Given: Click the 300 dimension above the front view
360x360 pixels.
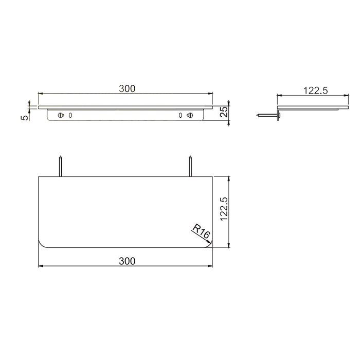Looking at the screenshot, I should point(127,88).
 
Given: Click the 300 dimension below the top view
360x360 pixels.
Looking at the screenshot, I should point(127,261).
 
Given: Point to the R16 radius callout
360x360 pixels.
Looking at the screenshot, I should point(201,232).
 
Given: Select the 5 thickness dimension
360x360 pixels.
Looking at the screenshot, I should point(24,117).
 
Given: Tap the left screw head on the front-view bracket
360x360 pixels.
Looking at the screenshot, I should point(61,115).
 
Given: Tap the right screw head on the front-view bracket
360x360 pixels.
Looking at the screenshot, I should point(190,115).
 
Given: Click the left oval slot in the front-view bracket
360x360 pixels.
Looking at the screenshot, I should point(70,115).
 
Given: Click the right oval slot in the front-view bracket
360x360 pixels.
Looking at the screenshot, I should point(181,115).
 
